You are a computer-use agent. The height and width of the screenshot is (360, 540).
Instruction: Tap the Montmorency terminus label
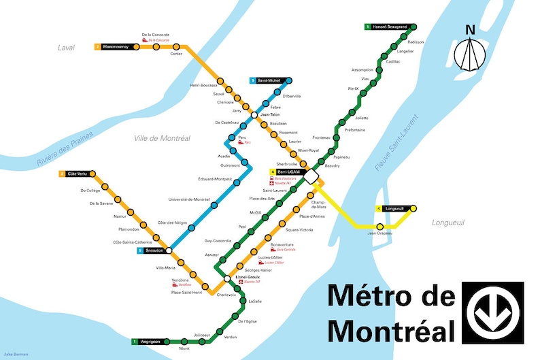(113, 47)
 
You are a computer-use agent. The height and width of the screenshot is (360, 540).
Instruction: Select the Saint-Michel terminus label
(265, 80)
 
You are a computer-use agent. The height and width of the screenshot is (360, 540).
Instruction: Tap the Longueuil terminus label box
(390, 208)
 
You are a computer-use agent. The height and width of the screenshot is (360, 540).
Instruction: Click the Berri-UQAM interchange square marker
(312, 176)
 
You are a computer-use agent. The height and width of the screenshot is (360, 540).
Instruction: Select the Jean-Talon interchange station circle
(254, 115)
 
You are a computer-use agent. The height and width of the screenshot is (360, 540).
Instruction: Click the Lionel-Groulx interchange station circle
(227, 278)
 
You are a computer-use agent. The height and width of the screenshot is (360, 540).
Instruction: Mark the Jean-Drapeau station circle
(380, 227)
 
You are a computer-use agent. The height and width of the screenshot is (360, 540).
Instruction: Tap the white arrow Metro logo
(492, 312)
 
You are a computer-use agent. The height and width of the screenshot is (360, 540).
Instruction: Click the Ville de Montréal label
(162, 138)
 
